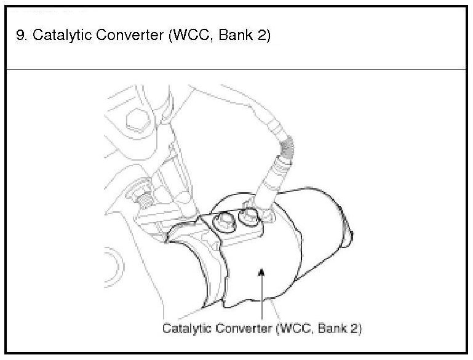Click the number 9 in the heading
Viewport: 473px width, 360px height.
click(x=21, y=35)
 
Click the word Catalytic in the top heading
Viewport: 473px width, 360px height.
click(x=56, y=35)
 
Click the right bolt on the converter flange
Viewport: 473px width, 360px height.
click(x=248, y=216)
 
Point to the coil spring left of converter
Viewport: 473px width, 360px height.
click(x=145, y=200)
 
